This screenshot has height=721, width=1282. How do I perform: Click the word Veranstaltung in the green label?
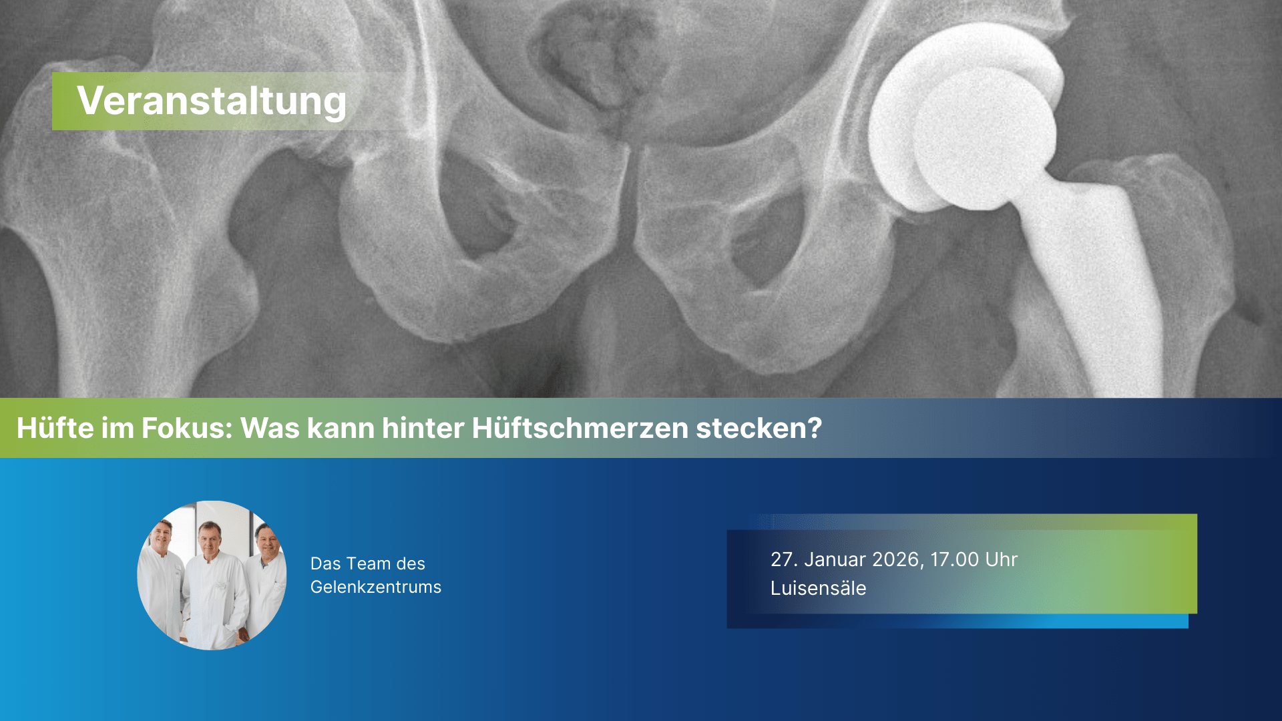click(212, 101)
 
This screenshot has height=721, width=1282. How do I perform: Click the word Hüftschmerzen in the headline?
click(580, 428)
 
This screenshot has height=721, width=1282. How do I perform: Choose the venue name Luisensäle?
click(819, 588)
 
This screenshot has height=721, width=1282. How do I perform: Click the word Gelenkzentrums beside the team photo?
click(376, 587)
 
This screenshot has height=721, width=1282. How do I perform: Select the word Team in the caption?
click(368, 563)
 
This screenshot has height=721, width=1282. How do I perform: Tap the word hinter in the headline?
click(423, 428)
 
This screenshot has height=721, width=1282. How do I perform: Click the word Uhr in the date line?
click(1002, 559)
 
